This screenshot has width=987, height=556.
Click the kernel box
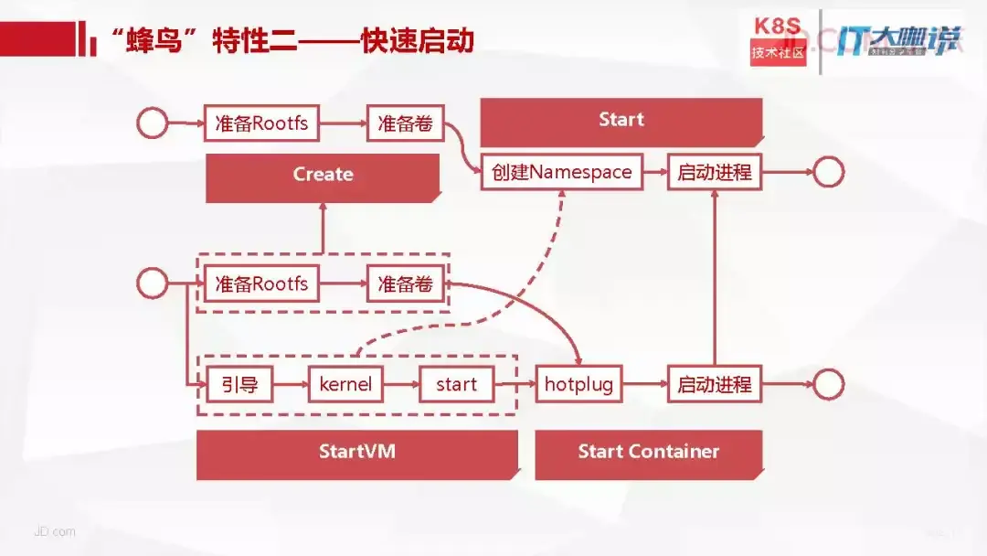(x=345, y=384)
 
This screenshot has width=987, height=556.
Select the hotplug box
(x=578, y=384)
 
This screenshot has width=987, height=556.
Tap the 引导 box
(x=239, y=384)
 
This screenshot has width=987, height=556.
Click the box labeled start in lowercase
(x=456, y=384)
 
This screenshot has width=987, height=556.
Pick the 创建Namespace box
(x=561, y=173)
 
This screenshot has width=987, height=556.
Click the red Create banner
(x=323, y=175)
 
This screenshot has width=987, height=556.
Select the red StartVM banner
(x=356, y=452)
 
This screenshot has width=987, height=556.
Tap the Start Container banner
(x=648, y=452)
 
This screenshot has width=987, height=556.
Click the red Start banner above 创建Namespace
(x=621, y=120)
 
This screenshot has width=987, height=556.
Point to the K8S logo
(x=779, y=38)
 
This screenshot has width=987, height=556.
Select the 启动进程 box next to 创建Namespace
(x=714, y=173)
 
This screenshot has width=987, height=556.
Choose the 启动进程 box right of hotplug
(x=714, y=384)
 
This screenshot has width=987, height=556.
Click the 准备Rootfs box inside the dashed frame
(x=261, y=284)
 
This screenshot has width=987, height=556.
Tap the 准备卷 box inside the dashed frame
(x=405, y=284)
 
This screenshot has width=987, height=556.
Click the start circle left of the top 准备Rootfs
(x=152, y=123)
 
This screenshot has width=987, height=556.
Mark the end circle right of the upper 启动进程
(x=828, y=173)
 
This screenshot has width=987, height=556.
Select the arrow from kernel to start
(x=400, y=384)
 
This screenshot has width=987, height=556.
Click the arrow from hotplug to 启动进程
(x=644, y=384)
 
